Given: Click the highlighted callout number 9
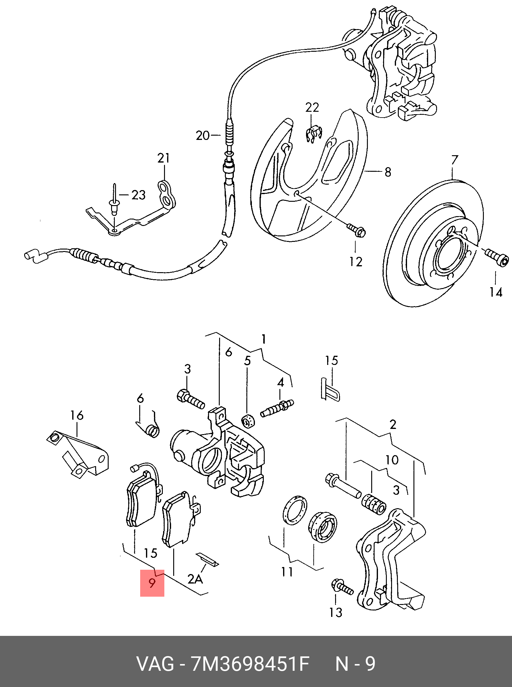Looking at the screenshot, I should pyautogui.click(x=152, y=583).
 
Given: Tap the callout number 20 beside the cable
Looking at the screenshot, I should pyautogui.click(x=203, y=136).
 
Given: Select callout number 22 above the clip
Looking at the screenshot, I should pyautogui.click(x=312, y=107).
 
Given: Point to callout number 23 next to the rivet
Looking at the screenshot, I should pyautogui.click(x=138, y=195).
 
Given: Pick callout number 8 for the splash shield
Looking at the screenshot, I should pyautogui.click(x=388, y=172).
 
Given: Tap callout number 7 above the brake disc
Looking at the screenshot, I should pyautogui.click(x=454, y=160).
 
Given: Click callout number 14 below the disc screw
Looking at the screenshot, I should pyautogui.click(x=495, y=292).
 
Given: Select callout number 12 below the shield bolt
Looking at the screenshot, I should pyautogui.click(x=356, y=262).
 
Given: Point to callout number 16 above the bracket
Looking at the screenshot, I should pyautogui.click(x=77, y=415).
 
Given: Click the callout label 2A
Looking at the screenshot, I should pyautogui.click(x=195, y=579).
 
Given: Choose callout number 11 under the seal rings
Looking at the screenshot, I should pyautogui.click(x=287, y=572).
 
